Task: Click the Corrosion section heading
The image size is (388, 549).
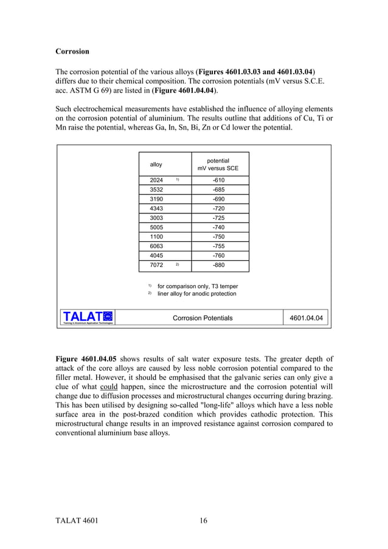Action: tap(72, 52)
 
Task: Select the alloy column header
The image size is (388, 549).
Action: tap(156, 165)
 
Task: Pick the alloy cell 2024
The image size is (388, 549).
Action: tap(156, 181)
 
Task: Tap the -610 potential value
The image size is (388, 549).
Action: tap(218, 181)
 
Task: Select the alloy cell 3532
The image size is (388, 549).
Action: tap(156, 190)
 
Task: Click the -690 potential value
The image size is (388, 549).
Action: tap(218, 199)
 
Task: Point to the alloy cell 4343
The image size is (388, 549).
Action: tap(156, 209)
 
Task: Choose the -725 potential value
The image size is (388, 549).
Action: tap(218, 218)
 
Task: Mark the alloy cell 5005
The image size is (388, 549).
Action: tap(156, 227)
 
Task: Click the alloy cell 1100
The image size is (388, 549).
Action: tap(156, 237)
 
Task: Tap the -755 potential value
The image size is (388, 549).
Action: tap(218, 246)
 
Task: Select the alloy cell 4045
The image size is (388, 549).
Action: tap(156, 256)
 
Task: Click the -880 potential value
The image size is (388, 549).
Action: tap(218, 266)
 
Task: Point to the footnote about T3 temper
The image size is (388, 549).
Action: tap(197, 286)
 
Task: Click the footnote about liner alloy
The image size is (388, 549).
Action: tap(196, 294)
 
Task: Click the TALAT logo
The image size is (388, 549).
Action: tap(88, 317)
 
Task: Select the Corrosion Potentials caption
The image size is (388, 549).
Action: tap(203, 318)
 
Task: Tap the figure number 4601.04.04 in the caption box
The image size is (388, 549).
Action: tap(307, 318)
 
